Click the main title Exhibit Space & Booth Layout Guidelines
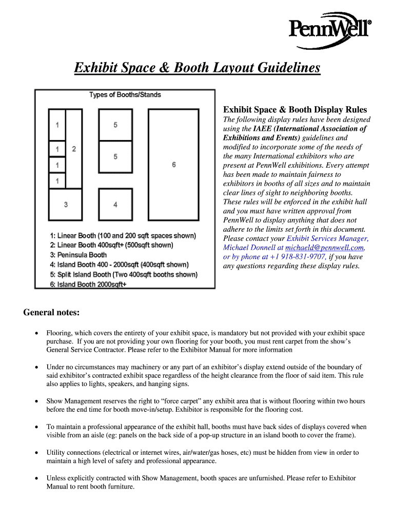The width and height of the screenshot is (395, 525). pyautogui.click(x=197, y=68)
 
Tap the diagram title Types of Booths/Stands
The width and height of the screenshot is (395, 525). pyautogui.click(x=125, y=95)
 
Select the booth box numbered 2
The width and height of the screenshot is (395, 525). pyautogui.click(x=74, y=149)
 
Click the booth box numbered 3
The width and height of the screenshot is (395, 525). pyautogui.click(x=66, y=205)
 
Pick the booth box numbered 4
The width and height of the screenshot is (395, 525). pyautogui.click(x=115, y=205)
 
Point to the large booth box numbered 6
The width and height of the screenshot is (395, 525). pyautogui.click(x=174, y=165)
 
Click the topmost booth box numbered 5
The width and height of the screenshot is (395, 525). pyautogui.click(x=115, y=125)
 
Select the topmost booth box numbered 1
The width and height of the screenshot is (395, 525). pyautogui.click(x=57, y=125)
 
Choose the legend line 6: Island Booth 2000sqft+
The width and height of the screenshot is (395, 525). pyautogui.click(x=88, y=284)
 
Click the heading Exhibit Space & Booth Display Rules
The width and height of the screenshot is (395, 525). pyautogui.click(x=294, y=110)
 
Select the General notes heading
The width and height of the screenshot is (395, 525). pyautogui.click(x=51, y=313)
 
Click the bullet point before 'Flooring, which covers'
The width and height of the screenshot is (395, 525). pyautogui.click(x=36, y=333)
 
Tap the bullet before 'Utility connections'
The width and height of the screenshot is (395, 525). pyautogui.click(x=36, y=453)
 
